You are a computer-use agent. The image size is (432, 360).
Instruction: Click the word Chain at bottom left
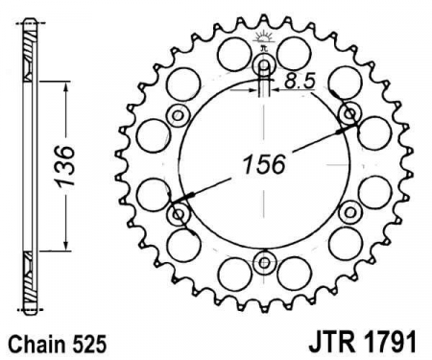(33, 341)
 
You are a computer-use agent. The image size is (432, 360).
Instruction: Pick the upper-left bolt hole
(179, 115)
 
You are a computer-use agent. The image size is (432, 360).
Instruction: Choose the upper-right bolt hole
(348, 115)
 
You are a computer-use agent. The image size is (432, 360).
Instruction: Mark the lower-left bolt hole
(179, 212)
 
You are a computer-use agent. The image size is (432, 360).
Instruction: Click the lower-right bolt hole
(348, 212)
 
